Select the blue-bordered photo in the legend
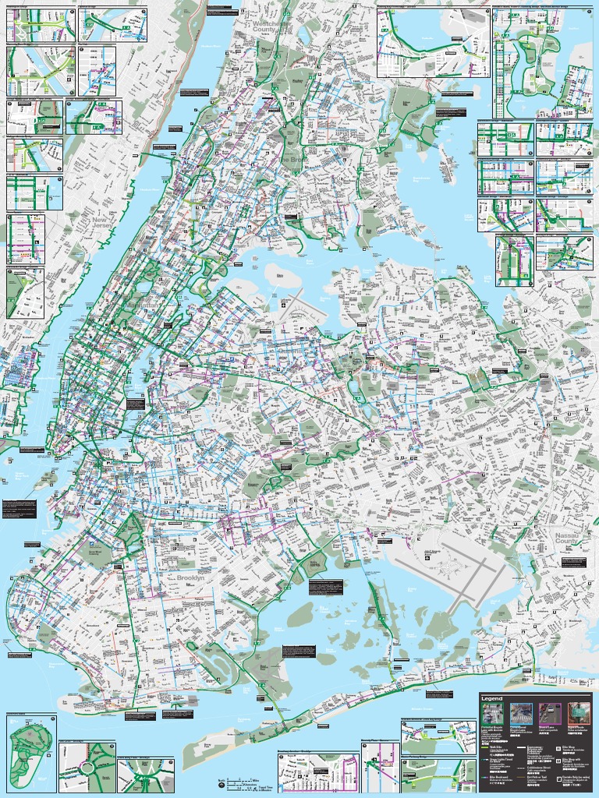tap(520, 714)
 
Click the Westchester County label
tap(270, 28)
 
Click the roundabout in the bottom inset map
tap(87, 768)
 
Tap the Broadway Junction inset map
tap(316, 773)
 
